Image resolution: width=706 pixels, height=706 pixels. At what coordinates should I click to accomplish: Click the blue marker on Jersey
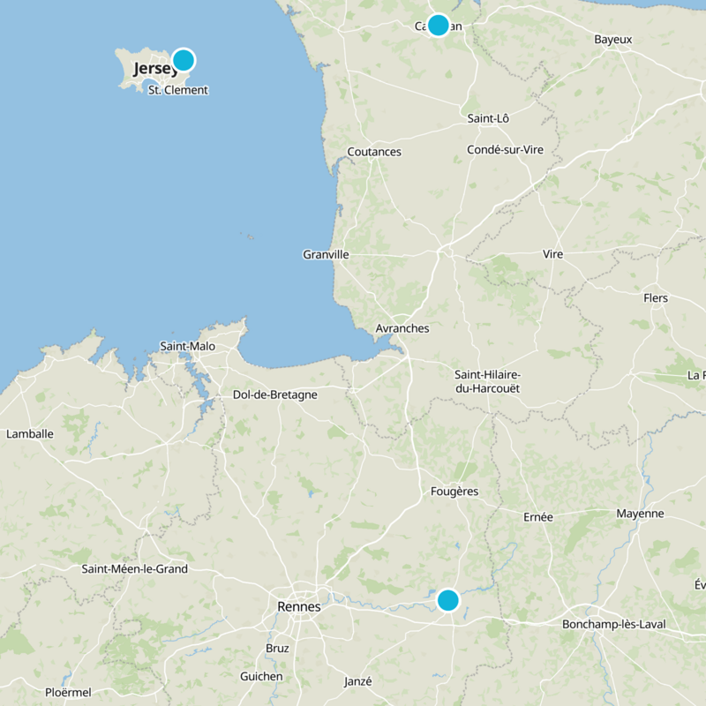point(183,60)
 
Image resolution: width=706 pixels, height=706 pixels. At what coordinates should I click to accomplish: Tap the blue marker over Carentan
point(438,25)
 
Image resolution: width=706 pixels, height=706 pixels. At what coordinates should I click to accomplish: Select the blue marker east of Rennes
point(448,600)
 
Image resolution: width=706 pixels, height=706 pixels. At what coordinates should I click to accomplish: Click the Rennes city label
point(299,607)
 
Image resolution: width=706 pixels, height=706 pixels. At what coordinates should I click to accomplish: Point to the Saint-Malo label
point(187,347)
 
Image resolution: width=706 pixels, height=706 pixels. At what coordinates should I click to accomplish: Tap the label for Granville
point(326,254)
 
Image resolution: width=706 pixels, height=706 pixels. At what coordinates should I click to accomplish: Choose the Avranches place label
point(402,328)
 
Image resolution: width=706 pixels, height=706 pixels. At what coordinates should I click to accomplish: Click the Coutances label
point(374,152)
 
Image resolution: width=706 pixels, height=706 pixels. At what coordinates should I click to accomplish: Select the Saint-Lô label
point(488,118)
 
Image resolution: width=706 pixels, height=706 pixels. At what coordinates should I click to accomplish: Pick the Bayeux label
point(612,40)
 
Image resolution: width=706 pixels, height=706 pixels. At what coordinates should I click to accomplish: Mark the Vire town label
point(552,254)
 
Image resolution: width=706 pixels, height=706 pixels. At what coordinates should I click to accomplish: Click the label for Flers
point(656,298)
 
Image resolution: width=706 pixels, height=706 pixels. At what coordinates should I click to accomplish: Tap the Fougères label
point(454,492)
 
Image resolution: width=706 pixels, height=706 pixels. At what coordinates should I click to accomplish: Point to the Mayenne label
point(640,514)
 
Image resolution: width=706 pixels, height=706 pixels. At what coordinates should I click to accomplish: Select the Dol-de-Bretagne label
point(274,394)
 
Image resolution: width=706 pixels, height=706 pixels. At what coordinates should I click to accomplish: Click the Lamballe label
point(30,434)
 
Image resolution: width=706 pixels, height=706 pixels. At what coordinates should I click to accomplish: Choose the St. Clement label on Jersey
point(178,90)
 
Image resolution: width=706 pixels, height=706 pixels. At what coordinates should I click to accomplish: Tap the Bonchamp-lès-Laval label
point(613,625)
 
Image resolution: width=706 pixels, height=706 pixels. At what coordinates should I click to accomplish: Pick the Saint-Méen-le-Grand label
point(135,569)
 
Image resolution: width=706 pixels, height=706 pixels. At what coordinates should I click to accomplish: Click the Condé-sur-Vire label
point(506,150)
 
